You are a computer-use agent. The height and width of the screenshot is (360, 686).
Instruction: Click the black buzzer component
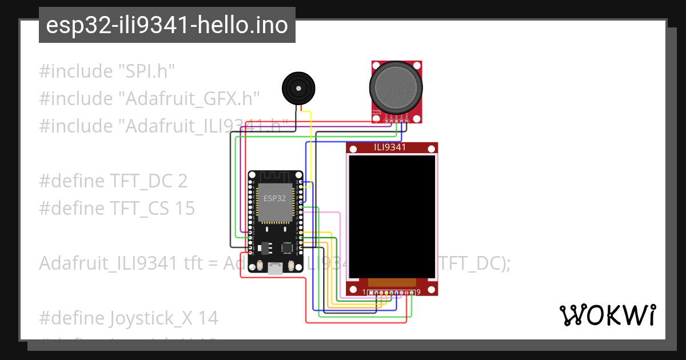pos(297,89)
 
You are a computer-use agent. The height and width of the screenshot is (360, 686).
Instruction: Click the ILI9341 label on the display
pos(390,147)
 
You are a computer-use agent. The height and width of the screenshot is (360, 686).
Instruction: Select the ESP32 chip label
pos(274,198)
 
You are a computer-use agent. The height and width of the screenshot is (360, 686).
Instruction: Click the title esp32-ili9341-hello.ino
pos(166,26)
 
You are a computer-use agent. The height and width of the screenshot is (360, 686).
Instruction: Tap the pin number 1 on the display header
pos(364,292)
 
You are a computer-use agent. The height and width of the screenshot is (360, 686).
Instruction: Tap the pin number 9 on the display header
pos(418,292)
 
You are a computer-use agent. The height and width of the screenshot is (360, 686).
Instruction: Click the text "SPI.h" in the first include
pos(146,71)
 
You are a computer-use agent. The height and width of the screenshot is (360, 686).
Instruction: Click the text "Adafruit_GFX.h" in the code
pos(189,99)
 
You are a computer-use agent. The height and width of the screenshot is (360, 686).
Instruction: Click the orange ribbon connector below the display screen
pos(392,282)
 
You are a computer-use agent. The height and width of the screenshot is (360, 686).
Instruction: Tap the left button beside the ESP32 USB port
pos(260,266)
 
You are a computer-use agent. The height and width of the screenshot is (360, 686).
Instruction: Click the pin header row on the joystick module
pos(397,121)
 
